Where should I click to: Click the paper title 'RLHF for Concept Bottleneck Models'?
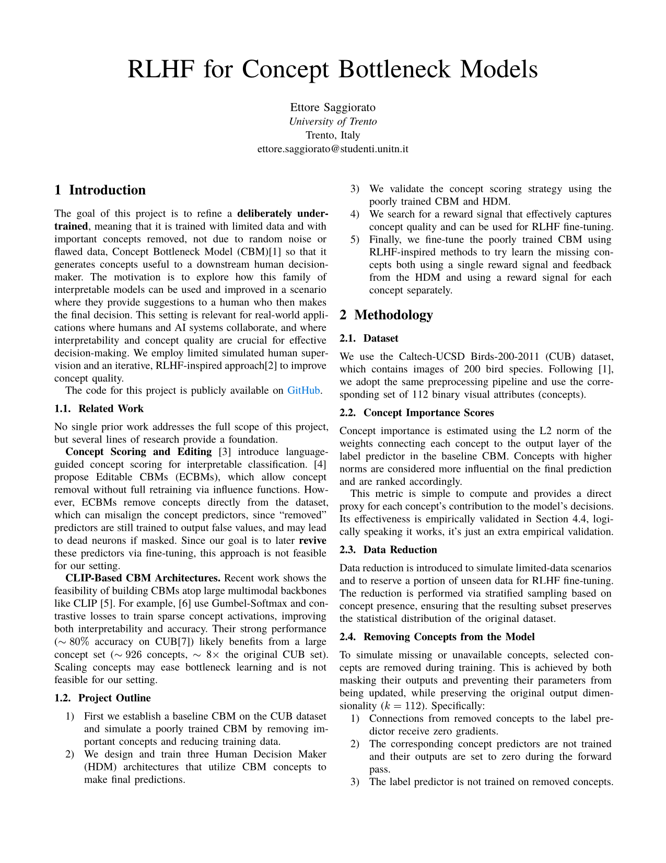333,70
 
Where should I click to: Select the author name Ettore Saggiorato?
333,108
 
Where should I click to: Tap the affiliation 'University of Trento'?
333,121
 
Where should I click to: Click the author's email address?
333,149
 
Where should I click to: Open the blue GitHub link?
303,390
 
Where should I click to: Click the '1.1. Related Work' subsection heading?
99,408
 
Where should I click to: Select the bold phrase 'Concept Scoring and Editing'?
138,452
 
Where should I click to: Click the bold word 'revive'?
312,540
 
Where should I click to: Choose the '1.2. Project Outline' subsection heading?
102,698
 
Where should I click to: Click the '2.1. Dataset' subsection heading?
369,338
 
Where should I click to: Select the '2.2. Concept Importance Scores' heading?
416,413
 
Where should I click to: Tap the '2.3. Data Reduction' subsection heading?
388,550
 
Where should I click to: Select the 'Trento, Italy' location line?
333,135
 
